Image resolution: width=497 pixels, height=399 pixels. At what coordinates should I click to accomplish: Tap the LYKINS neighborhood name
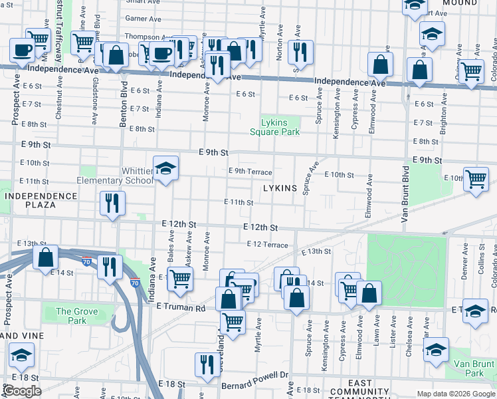[x=280, y=188]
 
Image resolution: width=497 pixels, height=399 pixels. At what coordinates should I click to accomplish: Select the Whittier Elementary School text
[x=116, y=176]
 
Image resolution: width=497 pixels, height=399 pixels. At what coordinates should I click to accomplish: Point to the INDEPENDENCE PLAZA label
[x=41, y=200]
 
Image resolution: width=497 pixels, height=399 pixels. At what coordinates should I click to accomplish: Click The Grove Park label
[x=71, y=316]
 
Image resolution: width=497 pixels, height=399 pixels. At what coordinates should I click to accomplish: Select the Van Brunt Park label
[x=474, y=368]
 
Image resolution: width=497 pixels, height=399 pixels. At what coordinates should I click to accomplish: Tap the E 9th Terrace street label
[x=250, y=171]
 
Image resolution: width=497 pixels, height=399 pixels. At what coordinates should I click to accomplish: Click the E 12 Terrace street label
[x=267, y=245]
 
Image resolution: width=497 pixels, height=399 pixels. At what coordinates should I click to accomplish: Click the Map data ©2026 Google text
[x=455, y=394]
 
